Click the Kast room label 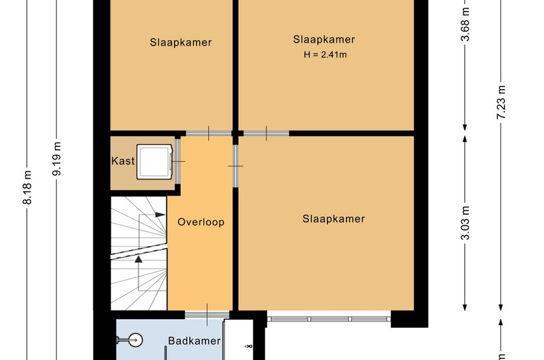pyautogui.click(x=123, y=161)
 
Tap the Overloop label pyautogui.click(x=201, y=222)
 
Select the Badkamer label pyautogui.click(x=195, y=341)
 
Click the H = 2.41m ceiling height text pyautogui.click(x=325, y=55)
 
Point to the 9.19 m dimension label pyautogui.click(x=57, y=158)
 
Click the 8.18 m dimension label pyautogui.click(x=28, y=187)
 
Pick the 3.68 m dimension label pyautogui.click(x=465, y=24)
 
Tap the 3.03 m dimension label pyautogui.click(x=465, y=223)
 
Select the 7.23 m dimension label pyautogui.click(x=501, y=102)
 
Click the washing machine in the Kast pyautogui.click(x=155, y=162)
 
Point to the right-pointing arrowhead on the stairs pyautogui.click(x=160, y=214)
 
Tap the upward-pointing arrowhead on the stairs pyautogui.click(x=138, y=259)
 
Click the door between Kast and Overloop pyautogui.click(x=177, y=161)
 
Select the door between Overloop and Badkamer pyautogui.click(x=207, y=314)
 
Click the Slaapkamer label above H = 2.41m pyautogui.click(x=324, y=40)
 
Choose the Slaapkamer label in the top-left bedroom pyautogui.click(x=181, y=43)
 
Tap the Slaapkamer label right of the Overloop pyautogui.click(x=334, y=219)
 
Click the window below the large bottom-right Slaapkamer pyautogui.click(x=329, y=319)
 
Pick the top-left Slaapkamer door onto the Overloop pyautogui.click(x=208, y=133)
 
